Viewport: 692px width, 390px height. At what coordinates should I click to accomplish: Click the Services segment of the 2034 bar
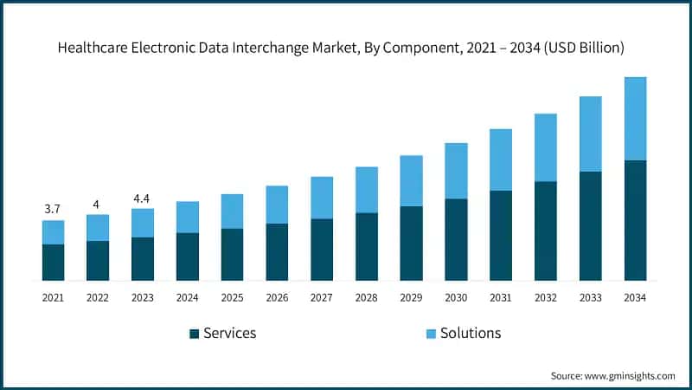[636, 220]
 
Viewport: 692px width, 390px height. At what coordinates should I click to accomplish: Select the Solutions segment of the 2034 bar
[636, 119]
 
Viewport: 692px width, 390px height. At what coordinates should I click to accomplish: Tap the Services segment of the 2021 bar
[53, 262]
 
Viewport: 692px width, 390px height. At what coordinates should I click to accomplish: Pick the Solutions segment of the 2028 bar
[367, 190]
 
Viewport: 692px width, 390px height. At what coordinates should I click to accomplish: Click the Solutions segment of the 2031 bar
[501, 159]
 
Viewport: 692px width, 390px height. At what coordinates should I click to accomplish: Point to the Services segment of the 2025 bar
[233, 254]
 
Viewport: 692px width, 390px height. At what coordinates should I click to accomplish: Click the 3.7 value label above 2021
[53, 209]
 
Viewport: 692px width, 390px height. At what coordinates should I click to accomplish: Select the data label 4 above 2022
[97, 204]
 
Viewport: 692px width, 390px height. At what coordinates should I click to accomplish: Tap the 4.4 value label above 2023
[142, 198]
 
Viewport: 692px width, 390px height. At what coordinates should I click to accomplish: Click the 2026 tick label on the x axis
[277, 297]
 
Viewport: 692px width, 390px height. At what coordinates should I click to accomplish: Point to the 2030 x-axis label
[456, 297]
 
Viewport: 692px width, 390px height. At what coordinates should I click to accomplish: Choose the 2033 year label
[591, 297]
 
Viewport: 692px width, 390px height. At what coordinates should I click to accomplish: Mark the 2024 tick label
[187, 297]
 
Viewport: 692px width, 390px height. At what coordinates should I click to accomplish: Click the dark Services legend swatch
[194, 334]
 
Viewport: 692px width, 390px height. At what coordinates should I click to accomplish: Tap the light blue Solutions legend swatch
[431, 334]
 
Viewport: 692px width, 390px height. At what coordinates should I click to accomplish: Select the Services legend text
[229, 333]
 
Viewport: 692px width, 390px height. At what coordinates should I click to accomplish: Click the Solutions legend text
[471, 333]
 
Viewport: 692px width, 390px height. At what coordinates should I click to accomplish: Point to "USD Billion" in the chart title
[593, 49]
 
